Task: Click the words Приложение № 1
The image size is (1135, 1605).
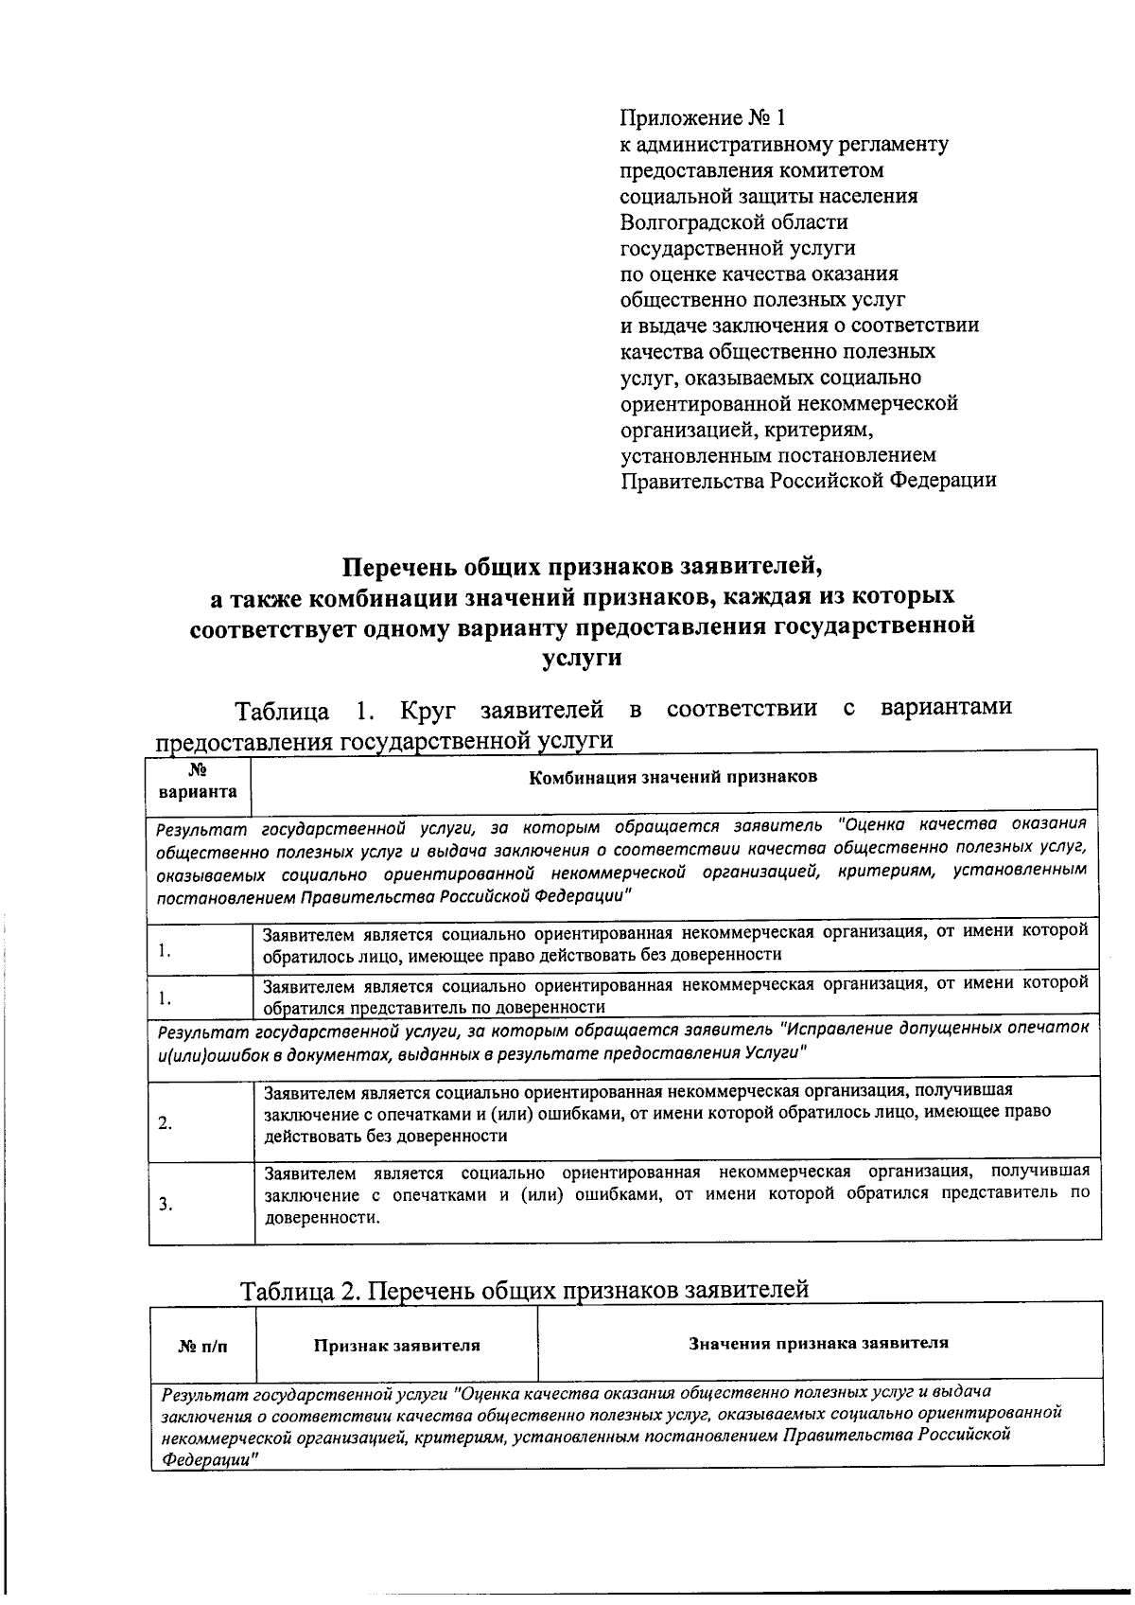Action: pos(703,118)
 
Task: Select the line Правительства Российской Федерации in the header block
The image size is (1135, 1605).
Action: pos(808,480)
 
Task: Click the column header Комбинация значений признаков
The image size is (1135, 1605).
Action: pos(672,777)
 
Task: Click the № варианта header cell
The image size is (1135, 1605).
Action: pos(199,783)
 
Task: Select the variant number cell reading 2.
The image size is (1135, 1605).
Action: pos(166,1124)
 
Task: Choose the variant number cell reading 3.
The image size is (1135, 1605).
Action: pos(166,1205)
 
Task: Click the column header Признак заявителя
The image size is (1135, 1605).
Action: pos(397,1345)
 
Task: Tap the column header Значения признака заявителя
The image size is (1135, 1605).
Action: pos(818,1342)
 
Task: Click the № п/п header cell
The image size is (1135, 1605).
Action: pos(203,1346)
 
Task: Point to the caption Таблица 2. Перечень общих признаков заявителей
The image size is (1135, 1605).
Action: pos(525,1290)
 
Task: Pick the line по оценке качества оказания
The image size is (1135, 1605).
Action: pos(759,274)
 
